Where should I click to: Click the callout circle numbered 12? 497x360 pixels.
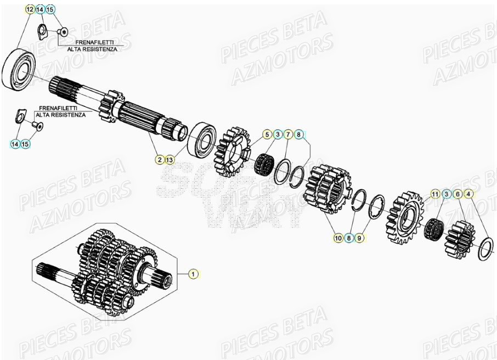[x=30, y=10]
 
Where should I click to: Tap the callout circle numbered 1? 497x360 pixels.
[x=193, y=273]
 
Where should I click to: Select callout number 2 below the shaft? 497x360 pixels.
[x=160, y=160]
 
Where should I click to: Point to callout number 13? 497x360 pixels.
[x=170, y=160]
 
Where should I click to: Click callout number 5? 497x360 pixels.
[x=267, y=134]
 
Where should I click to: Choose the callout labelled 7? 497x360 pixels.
[x=288, y=134]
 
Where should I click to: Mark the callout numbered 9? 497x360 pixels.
[x=359, y=238]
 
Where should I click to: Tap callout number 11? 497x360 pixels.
[x=435, y=194]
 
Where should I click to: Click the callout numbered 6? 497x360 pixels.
[x=457, y=194]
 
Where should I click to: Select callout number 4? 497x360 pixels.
[x=468, y=194]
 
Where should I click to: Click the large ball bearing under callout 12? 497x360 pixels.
[x=18, y=69]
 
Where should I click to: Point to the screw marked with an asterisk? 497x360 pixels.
[x=63, y=32]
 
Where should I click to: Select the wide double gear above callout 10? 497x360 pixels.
[x=327, y=190]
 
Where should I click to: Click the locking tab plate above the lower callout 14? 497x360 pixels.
[x=19, y=116]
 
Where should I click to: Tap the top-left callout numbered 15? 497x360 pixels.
[x=50, y=10]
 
